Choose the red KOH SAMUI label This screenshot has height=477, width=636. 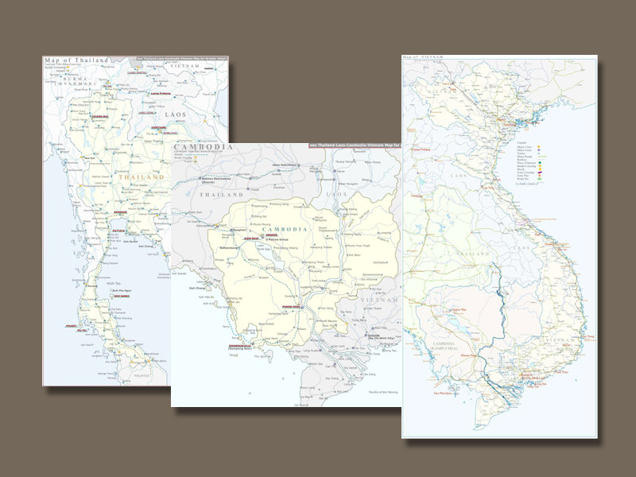(x=122, y=297)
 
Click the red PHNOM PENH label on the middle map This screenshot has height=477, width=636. (x=288, y=304)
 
